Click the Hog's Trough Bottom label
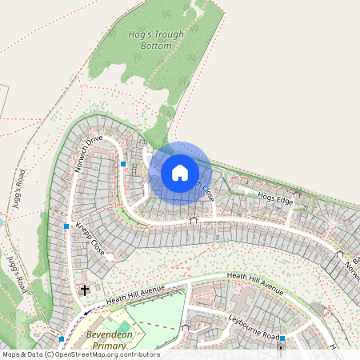point(150,40)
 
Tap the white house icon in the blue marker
point(180,172)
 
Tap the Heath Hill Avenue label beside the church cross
point(133,294)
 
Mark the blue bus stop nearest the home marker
point(123,163)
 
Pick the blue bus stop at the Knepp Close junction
point(66,226)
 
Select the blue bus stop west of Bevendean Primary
point(61,339)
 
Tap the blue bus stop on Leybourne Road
point(282,338)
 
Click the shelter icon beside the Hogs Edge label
point(297,193)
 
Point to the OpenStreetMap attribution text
point(80,354)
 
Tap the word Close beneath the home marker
point(206,191)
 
